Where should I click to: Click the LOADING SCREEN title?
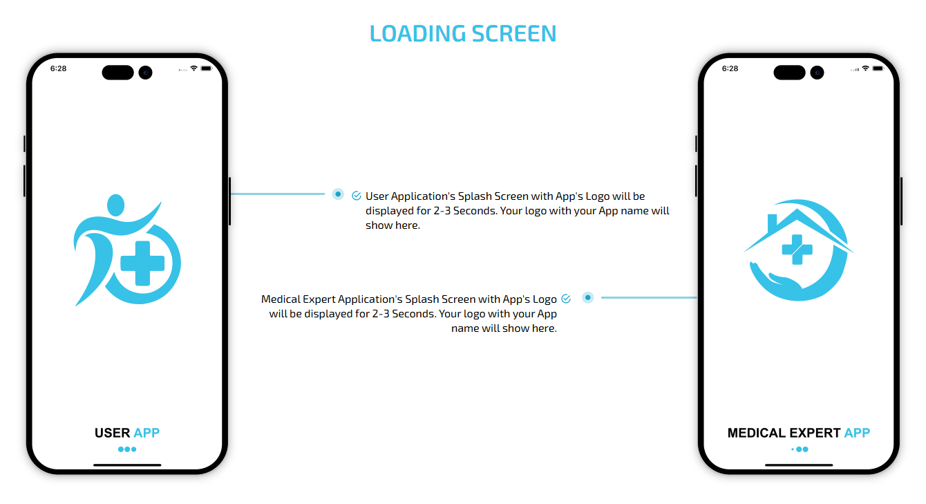click(462, 33)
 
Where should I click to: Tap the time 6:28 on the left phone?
click(58, 68)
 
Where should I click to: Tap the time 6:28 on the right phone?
click(730, 68)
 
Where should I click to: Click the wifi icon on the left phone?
click(193, 68)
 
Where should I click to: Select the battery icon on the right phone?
click(878, 68)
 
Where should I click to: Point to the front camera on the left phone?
click(145, 73)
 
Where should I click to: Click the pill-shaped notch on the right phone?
click(789, 73)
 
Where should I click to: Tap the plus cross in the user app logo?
click(142, 263)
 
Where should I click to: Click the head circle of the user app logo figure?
click(116, 205)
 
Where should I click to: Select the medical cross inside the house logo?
click(797, 250)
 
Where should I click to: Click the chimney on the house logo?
click(772, 223)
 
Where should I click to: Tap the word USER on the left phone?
click(112, 433)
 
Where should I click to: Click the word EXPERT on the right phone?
click(815, 433)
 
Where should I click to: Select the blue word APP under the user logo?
click(147, 433)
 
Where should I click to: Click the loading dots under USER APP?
click(127, 449)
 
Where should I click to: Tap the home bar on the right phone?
click(799, 465)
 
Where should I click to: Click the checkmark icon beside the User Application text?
click(357, 196)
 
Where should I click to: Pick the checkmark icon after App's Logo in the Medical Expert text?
click(566, 299)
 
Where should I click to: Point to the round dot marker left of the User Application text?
click(338, 194)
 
